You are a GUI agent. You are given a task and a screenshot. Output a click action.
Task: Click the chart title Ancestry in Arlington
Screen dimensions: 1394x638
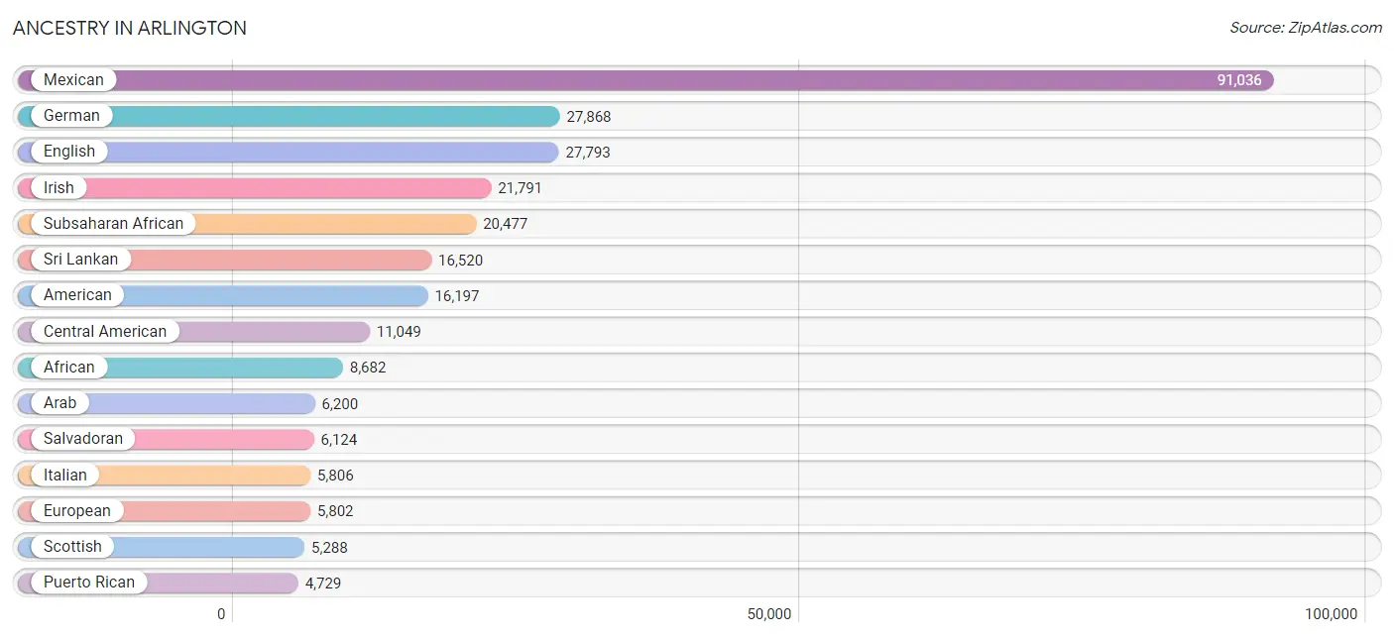point(130,28)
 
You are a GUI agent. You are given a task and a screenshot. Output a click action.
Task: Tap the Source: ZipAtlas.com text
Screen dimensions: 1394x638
point(1306,28)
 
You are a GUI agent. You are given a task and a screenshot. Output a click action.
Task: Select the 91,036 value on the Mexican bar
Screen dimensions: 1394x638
point(1239,80)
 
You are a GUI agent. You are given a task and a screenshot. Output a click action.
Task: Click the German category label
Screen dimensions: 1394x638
point(71,116)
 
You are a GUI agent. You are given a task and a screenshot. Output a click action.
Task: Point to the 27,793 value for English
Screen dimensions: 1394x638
point(588,153)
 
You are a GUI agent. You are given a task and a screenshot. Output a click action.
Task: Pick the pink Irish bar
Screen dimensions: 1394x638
point(255,188)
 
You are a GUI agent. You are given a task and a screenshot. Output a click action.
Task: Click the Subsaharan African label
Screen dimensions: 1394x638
point(113,223)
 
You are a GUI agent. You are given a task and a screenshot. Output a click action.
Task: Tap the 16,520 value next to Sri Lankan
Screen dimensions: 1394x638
point(460,260)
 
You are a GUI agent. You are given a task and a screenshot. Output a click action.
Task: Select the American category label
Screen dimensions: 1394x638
point(77,295)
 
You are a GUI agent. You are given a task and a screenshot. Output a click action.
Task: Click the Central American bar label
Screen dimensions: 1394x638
point(104,331)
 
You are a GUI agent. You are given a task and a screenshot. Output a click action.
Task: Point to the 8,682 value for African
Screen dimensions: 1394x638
point(368,368)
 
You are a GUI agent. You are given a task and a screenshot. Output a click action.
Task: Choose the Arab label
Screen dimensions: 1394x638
point(59,403)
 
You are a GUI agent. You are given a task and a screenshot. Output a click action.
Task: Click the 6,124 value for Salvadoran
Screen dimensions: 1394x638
point(339,440)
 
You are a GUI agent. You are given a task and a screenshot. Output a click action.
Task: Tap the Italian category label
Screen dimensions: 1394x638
point(64,476)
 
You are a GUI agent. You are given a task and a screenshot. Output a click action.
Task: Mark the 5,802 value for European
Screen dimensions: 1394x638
point(335,511)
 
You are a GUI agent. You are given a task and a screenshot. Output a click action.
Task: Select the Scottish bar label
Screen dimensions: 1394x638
point(72,547)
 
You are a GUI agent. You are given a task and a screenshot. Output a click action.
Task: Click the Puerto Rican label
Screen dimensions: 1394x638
point(89,583)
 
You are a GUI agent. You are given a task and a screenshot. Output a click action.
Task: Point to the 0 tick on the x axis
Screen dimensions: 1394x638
point(221,614)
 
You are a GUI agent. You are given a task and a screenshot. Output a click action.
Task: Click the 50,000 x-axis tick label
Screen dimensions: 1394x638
point(769,614)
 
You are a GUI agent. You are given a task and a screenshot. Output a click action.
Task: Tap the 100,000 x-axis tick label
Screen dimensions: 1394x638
point(1332,614)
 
